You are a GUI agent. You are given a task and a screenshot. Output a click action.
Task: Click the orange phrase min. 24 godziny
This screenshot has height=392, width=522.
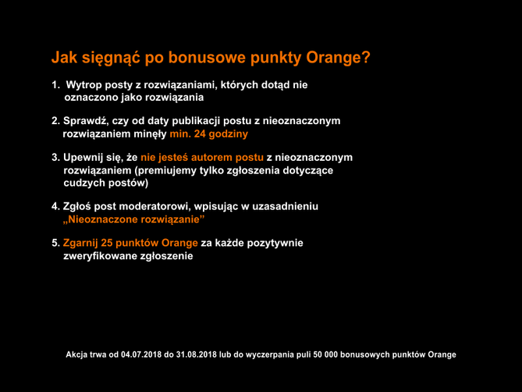point(203,134)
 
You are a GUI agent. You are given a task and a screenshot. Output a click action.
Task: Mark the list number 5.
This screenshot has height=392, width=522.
point(55,242)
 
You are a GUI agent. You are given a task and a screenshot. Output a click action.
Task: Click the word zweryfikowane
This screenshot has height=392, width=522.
point(99,255)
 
